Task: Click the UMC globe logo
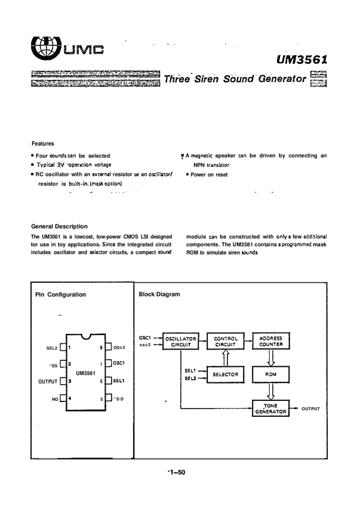click(x=45, y=47)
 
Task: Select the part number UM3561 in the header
click(x=301, y=60)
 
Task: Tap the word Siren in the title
click(x=206, y=79)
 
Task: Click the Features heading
click(x=43, y=143)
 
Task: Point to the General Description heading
click(x=59, y=226)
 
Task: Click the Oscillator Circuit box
click(x=181, y=341)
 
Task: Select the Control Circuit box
click(x=226, y=341)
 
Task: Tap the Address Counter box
click(x=271, y=341)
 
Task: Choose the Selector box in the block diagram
click(x=225, y=375)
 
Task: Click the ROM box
click(x=271, y=375)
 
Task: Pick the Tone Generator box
click(x=270, y=409)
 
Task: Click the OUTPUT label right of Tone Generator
click(x=310, y=409)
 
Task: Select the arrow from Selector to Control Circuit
click(x=226, y=358)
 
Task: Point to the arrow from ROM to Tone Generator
click(x=271, y=391)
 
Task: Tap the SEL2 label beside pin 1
click(x=52, y=348)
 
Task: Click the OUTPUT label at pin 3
click(x=48, y=382)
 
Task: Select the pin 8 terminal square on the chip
click(x=109, y=347)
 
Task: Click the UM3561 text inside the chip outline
click(x=85, y=373)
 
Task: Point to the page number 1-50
click(x=177, y=472)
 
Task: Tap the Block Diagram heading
click(x=159, y=294)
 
